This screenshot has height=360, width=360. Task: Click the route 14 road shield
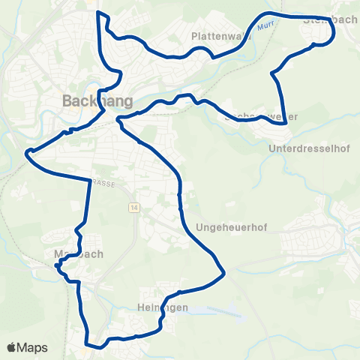[x=133, y=207]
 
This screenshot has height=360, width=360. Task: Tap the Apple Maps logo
[x=27, y=347]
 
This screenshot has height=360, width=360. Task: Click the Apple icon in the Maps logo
[x=12, y=347]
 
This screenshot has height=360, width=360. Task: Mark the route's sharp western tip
[x=27, y=153]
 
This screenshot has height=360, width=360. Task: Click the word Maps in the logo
[x=33, y=347]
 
